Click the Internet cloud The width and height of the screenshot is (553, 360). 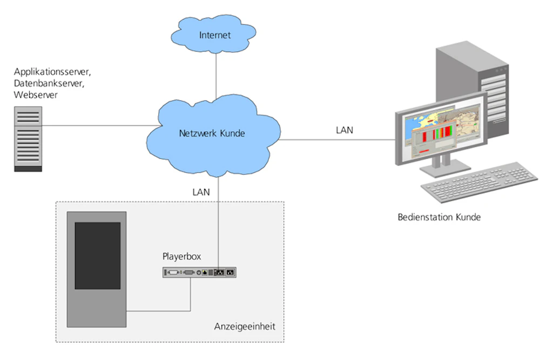pos(215,35)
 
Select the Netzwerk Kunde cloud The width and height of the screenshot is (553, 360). pos(212,133)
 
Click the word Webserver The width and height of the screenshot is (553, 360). pos(36,95)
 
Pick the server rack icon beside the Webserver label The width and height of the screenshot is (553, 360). pos(27,139)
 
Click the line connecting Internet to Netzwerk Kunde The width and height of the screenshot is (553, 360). pos(216,76)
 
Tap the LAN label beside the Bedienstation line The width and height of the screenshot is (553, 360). pos(345,130)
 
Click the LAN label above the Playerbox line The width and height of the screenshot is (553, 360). pos(201,192)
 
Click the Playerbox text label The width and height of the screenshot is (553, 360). pos(181,257)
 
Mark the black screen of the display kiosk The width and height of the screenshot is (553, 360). pos(97,255)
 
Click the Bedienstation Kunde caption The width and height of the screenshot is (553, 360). pos(439,218)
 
